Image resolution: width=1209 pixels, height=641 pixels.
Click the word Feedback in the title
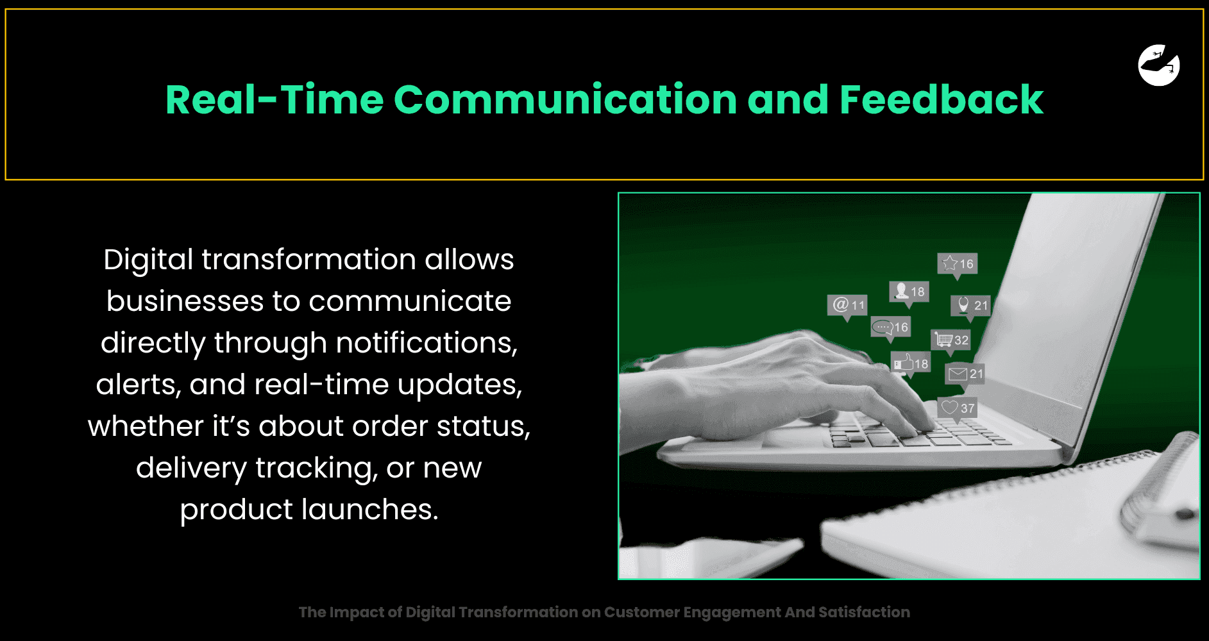942,100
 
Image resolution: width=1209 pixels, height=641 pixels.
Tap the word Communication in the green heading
565,100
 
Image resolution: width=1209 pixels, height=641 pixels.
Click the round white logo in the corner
1159,65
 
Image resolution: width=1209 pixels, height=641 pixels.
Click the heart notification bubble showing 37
958,408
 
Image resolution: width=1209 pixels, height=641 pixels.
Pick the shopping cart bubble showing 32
951,340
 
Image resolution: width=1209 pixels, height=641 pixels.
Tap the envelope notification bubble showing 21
965,374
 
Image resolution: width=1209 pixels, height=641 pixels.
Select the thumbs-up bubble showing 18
910,364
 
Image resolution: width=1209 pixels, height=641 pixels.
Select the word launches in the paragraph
370,510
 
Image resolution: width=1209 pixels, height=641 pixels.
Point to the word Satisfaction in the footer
864,612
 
